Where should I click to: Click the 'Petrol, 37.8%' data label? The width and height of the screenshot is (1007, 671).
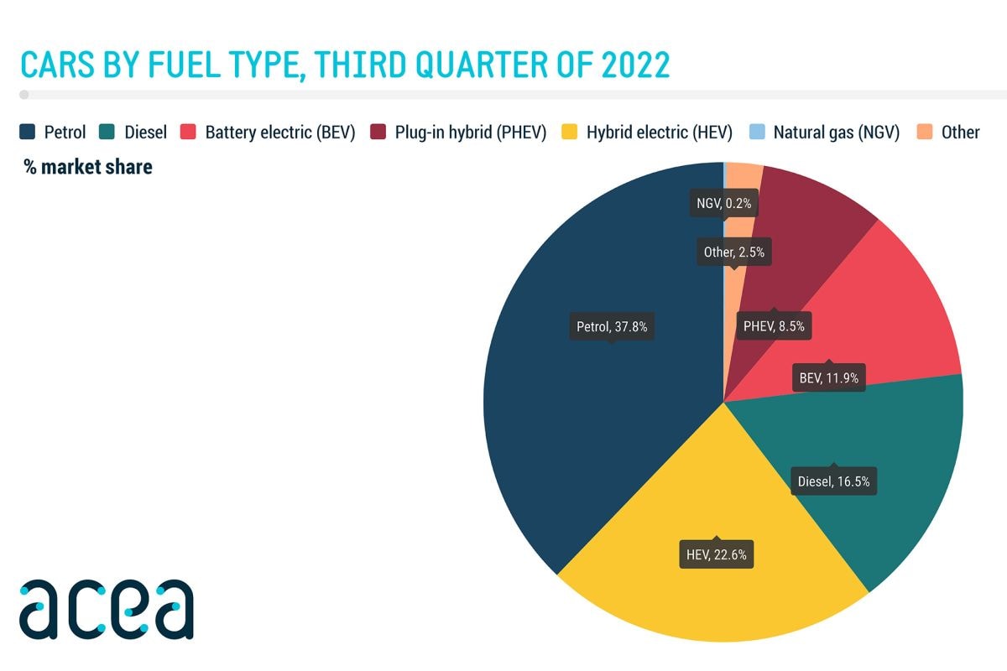[612, 326]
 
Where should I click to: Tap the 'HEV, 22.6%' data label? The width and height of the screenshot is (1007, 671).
[716, 554]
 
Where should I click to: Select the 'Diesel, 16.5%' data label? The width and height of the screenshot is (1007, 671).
[834, 481]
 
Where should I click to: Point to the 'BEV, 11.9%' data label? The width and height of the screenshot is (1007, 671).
[828, 377]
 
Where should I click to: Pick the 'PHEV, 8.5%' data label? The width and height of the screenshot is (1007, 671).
[773, 326]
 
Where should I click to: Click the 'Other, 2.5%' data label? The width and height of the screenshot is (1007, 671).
[733, 252]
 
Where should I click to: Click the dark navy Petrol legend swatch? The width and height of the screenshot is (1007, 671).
[27, 132]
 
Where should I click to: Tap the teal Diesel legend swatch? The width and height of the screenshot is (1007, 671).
[107, 132]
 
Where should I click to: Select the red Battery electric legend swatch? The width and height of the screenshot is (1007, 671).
[189, 132]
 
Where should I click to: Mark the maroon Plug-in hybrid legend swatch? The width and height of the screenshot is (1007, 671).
[378, 132]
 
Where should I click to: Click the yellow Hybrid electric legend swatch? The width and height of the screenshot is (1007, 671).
[570, 132]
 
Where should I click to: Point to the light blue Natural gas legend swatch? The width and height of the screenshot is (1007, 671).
[756, 132]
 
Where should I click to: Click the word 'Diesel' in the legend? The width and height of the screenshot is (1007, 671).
[145, 132]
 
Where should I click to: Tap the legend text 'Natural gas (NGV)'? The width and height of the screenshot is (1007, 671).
[836, 132]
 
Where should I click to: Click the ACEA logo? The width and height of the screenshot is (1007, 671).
[107, 608]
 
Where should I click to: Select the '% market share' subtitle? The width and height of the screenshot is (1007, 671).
[88, 167]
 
